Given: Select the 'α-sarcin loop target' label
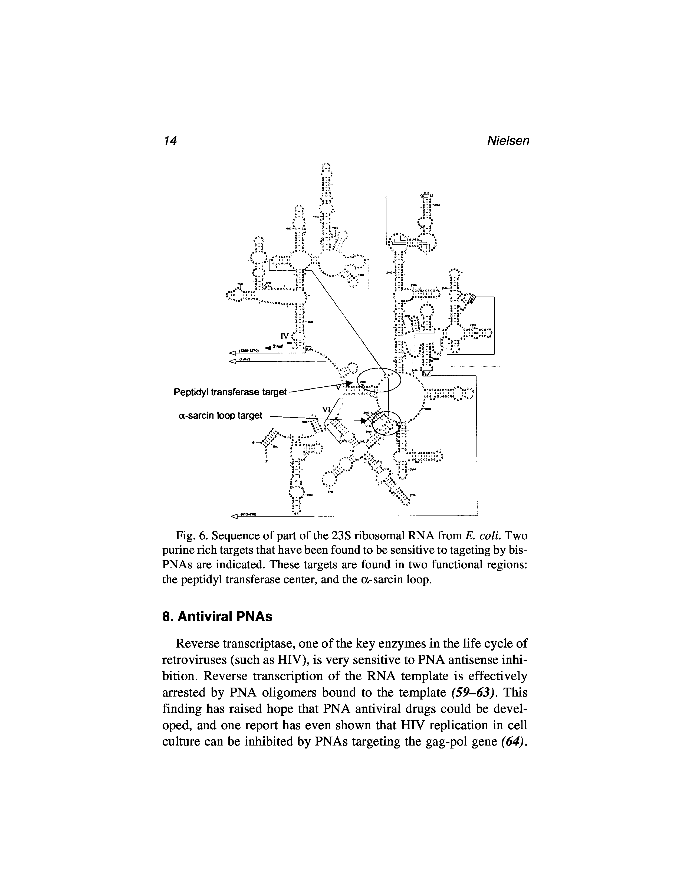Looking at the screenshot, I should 220,415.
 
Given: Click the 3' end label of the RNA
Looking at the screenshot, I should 266,461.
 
